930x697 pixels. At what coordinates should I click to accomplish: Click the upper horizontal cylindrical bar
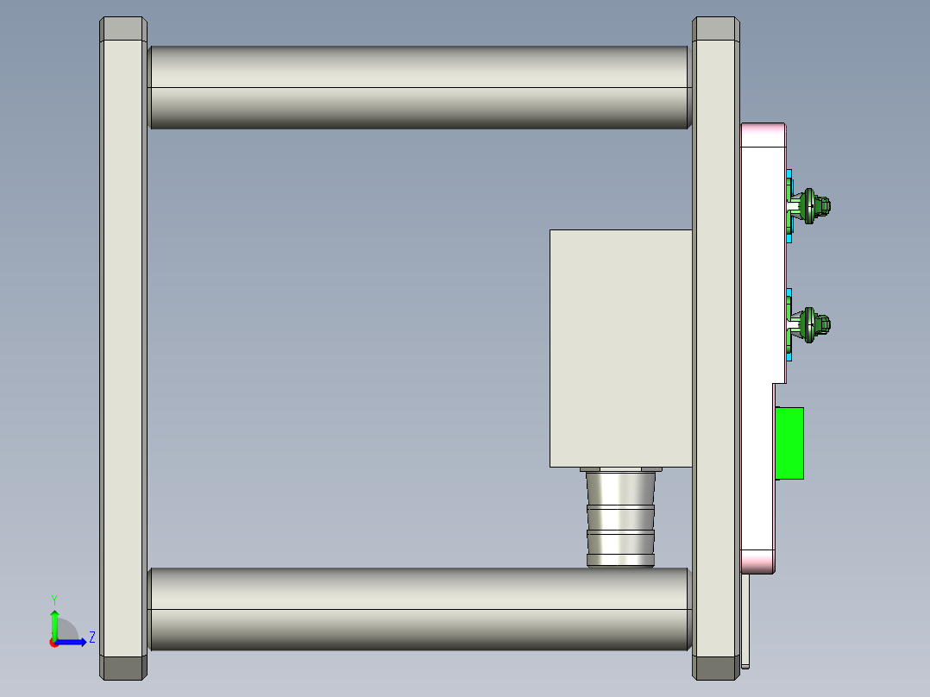click(x=419, y=87)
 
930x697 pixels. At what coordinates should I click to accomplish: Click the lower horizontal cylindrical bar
click(x=419, y=609)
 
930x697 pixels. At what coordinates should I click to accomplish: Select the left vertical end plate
click(x=123, y=345)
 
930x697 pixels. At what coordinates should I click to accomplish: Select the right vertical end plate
click(x=716, y=345)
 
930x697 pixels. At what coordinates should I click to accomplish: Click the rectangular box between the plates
click(x=620, y=348)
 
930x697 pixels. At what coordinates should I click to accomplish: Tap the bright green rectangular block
click(x=790, y=443)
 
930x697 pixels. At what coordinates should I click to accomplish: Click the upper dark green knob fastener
click(x=812, y=206)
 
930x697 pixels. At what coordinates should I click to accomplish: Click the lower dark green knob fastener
click(x=812, y=324)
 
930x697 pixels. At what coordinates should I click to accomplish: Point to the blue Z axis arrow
click(x=74, y=641)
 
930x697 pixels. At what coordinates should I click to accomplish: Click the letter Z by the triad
click(x=91, y=637)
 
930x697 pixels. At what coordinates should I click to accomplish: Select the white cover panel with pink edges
click(x=762, y=259)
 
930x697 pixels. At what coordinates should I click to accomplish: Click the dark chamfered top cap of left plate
click(x=123, y=29)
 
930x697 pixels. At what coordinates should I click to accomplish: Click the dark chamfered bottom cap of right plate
click(x=716, y=668)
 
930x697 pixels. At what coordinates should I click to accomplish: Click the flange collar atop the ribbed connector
click(x=620, y=470)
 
